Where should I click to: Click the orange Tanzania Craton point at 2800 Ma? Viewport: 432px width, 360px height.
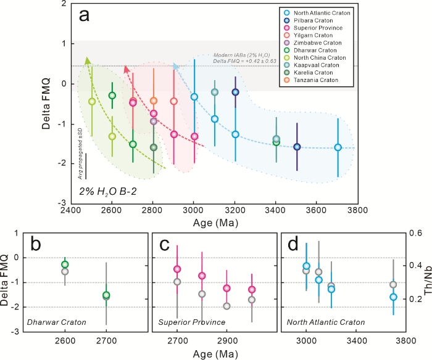(x=154, y=100)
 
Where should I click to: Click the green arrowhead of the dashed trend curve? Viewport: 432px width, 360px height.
(x=87, y=60)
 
